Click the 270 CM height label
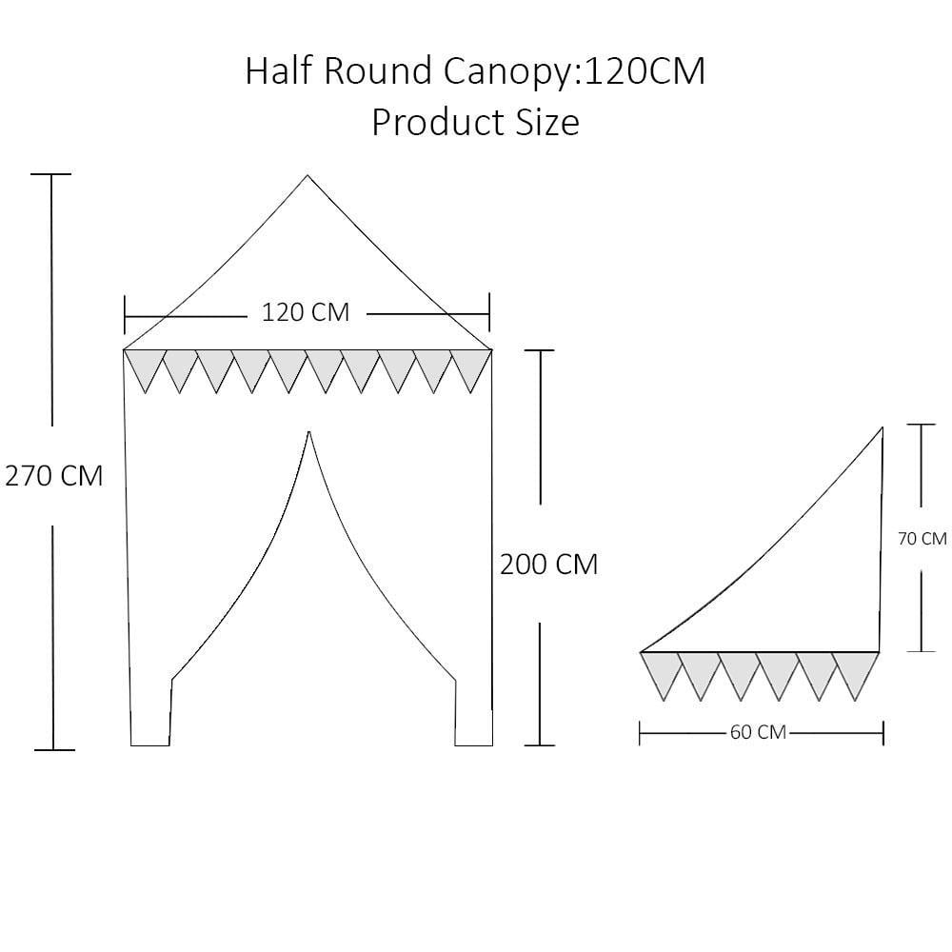pos(54,476)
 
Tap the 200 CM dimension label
pos(549,565)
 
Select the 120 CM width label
pos(306,312)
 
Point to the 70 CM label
pos(922,539)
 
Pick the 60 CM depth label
pos(758,732)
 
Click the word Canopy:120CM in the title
pos(574,71)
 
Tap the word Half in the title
pos(279,70)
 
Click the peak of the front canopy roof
pos(307,175)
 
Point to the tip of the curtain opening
pos(309,431)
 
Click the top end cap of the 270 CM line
pos(51,174)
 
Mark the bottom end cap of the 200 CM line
pos(540,745)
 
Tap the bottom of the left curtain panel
pos(150,745)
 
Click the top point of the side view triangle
pos(882,427)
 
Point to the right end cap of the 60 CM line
pos(883,733)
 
